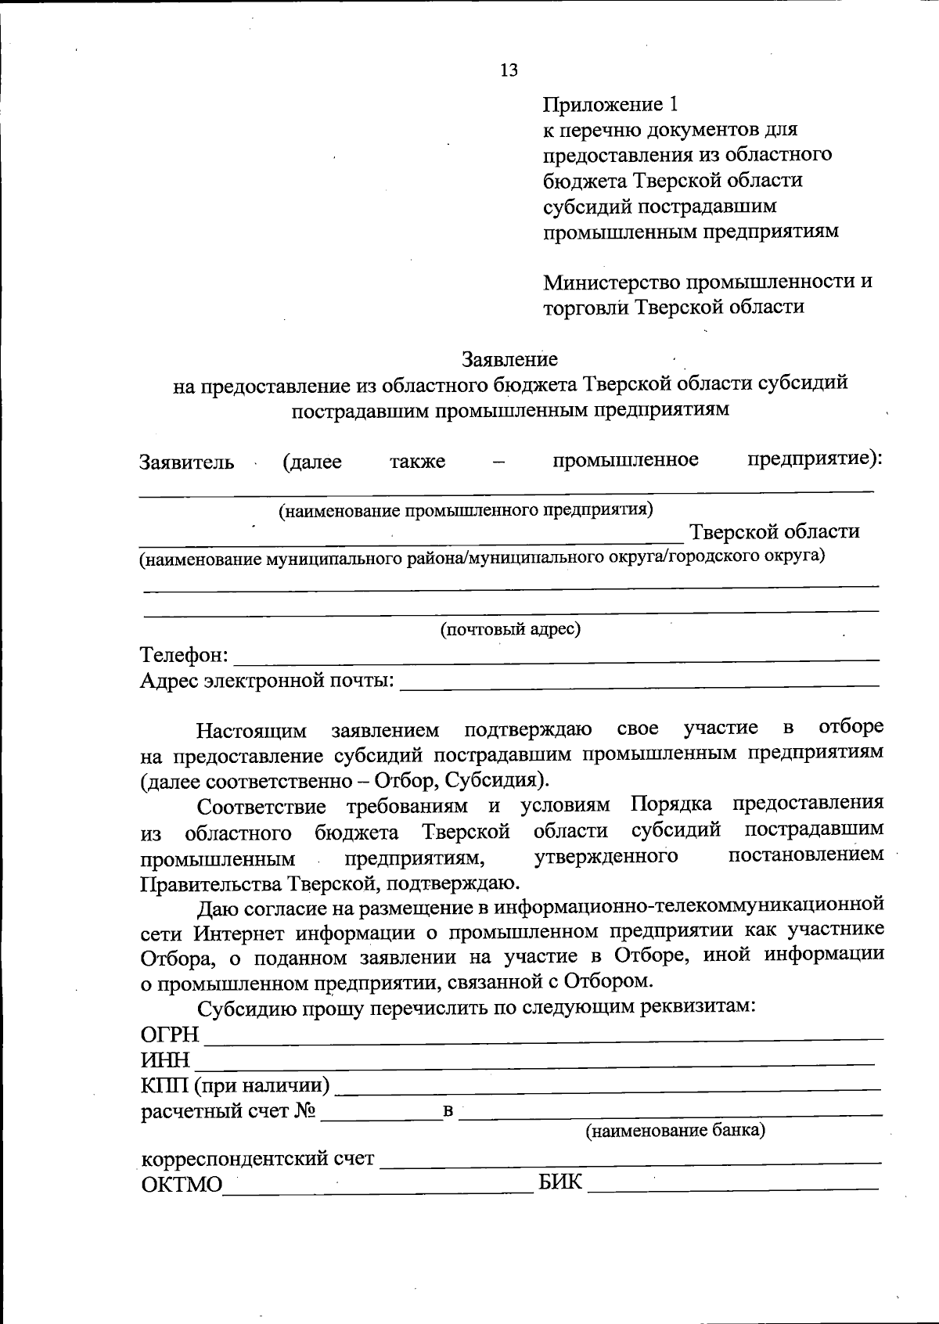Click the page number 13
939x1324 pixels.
[509, 70]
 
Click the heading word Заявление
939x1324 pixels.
[509, 359]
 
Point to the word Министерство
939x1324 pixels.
[612, 281]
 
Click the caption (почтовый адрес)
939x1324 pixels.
[510, 629]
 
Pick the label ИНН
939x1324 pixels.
[165, 1061]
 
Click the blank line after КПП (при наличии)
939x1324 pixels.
[607, 1086]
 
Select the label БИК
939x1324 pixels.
[560, 1182]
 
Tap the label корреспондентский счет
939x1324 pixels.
[257, 1158]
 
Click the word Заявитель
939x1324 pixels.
[186, 462]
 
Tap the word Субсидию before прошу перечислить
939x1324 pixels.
[245, 1007]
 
